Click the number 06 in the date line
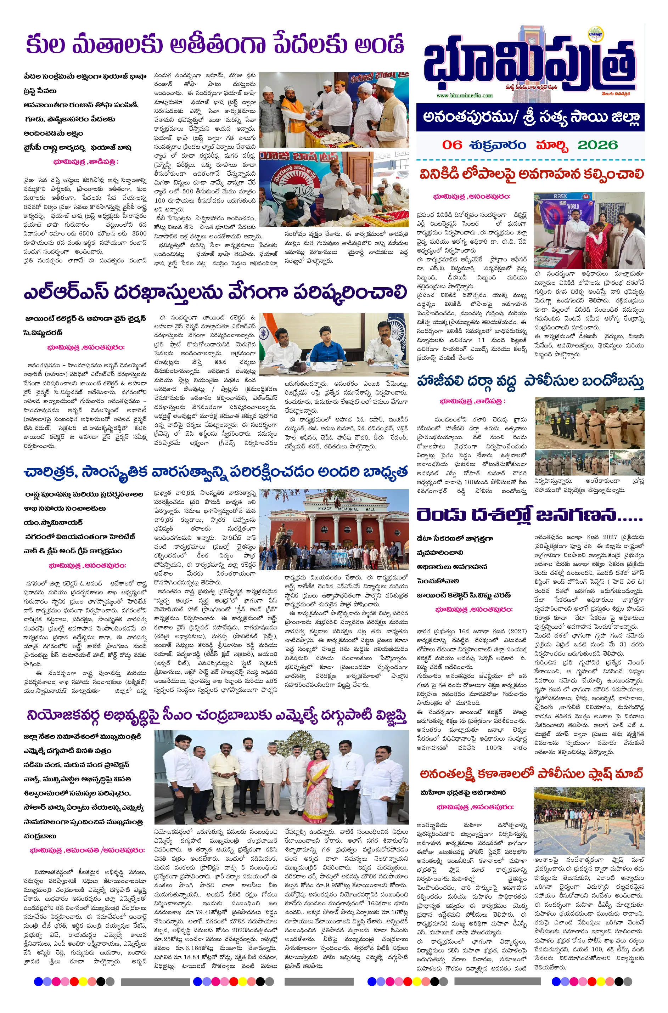pos(452,145)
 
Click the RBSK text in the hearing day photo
pos(561,196)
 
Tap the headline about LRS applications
pos(215,293)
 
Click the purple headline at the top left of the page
pos(215,45)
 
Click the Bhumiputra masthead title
pos(528,64)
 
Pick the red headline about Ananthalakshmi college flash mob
pos(531,774)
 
